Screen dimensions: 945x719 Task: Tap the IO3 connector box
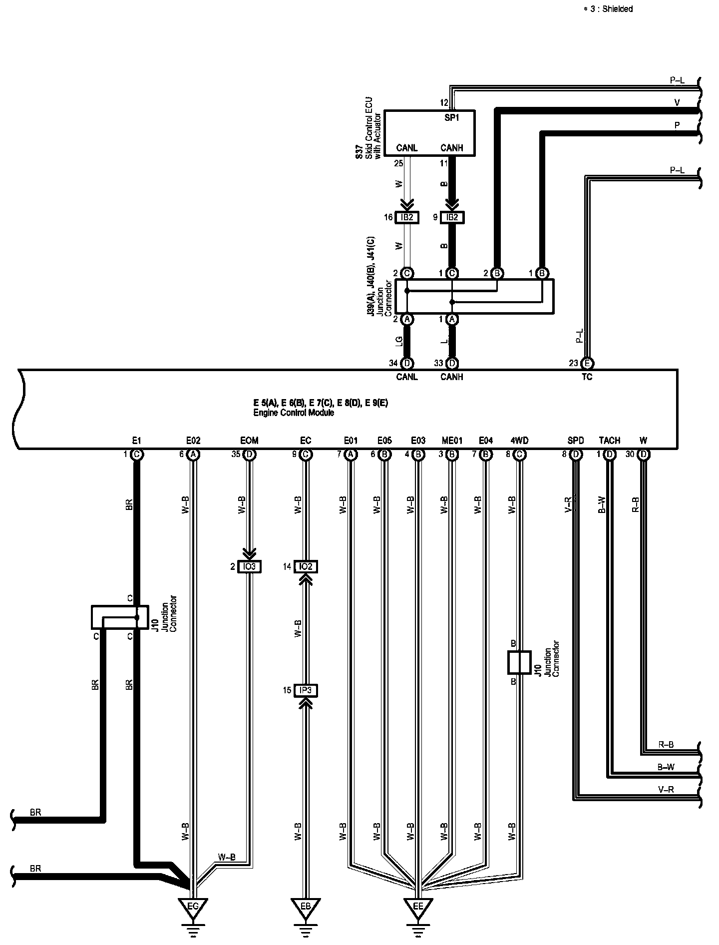[249, 566]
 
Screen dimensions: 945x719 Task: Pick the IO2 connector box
[306, 566]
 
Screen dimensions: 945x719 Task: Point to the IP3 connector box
[306, 690]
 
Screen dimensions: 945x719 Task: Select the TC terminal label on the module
[587, 377]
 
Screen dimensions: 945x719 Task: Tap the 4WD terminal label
[519, 441]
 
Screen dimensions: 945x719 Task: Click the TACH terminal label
[610, 441]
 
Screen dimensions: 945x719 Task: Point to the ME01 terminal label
[452, 441]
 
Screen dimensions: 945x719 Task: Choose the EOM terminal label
[249, 441]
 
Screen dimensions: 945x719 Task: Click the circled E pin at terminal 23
[588, 364]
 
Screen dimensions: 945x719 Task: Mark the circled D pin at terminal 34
[407, 364]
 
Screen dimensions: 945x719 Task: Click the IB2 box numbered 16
[407, 217]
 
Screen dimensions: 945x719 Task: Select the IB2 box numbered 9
[452, 217]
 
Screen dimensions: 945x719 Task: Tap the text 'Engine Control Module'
[294, 413]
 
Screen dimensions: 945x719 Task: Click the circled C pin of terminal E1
[136, 455]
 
